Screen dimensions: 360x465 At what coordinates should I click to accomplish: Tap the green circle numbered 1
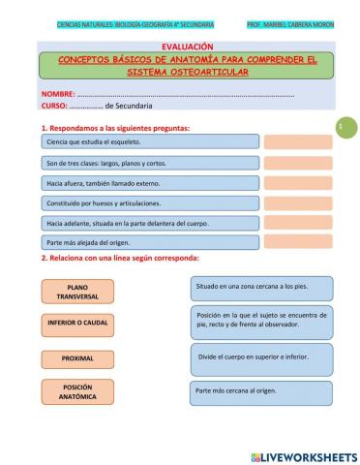(x=341, y=128)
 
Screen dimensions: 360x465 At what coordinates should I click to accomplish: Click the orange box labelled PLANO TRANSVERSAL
(x=77, y=292)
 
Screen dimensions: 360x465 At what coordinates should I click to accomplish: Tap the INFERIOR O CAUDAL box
(x=77, y=322)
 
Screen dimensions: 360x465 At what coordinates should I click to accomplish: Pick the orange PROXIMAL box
(x=77, y=357)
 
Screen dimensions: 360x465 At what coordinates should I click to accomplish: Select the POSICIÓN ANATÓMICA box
(x=77, y=391)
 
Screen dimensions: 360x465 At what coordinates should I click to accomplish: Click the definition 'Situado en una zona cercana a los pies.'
(x=261, y=288)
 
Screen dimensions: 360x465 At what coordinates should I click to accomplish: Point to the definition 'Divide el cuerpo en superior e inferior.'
(x=261, y=356)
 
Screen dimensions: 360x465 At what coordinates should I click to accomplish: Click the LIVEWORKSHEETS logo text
(x=303, y=455)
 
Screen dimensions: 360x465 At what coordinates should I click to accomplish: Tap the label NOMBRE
(x=58, y=92)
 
